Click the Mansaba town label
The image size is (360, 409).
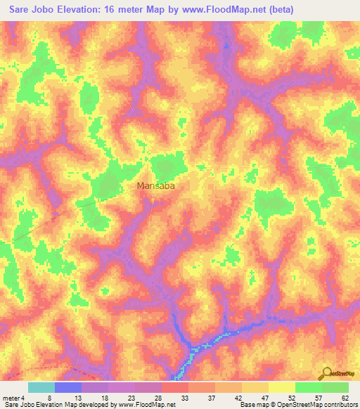click(x=155, y=187)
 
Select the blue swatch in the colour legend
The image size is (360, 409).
click(x=67, y=387)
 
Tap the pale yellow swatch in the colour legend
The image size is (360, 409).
click(x=281, y=387)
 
